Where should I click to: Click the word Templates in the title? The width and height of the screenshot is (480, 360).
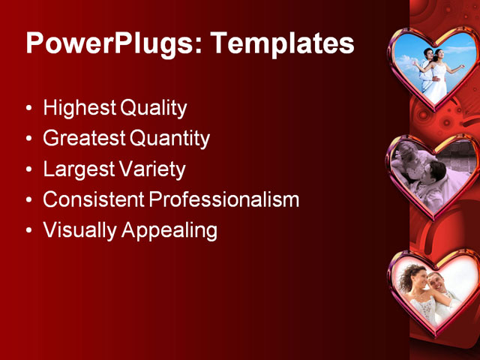click(282, 43)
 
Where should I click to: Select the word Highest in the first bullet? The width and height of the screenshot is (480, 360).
click(79, 109)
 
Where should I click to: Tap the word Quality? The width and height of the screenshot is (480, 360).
click(153, 109)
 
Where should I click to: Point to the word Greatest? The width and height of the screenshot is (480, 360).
click(84, 139)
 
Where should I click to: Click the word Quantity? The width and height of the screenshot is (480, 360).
click(170, 139)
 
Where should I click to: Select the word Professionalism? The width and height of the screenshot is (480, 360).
click(223, 200)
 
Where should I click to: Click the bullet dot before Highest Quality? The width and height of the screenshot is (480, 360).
click(29, 109)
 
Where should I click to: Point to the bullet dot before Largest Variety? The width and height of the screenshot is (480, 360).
click(29, 169)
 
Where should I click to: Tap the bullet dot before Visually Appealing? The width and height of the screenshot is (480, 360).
click(29, 230)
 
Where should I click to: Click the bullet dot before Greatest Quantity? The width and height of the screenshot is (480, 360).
click(29, 139)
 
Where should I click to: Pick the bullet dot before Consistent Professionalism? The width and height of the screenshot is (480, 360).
click(29, 200)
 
